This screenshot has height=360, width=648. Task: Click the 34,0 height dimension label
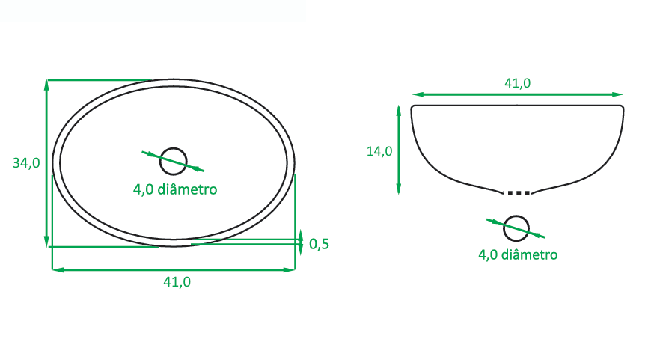pyautogui.click(x=26, y=163)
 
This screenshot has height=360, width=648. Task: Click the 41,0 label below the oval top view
pyautogui.click(x=177, y=282)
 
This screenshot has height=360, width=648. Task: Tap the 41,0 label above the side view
pyautogui.click(x=517, y=83)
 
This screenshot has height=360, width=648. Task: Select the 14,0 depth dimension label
pyautogui.click(x=379, y=151)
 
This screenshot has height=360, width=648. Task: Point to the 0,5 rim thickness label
pyautogui.click(x=319, y=244)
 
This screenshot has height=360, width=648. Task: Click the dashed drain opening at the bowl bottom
pyautogui.click(x=519, y=193)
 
